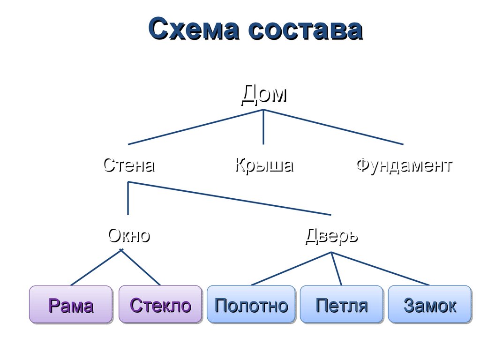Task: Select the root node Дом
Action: point(264,94)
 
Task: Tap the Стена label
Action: point(129,165)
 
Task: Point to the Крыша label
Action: point(264,165)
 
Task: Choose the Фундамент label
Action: point(404,165)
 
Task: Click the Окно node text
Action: point(129,235)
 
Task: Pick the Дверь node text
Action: point(331,235)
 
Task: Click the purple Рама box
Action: point(71,305)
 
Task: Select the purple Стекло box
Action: point(160,305)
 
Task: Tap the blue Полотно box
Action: point(251,305)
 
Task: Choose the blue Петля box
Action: point(341,305)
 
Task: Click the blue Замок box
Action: point(429,305)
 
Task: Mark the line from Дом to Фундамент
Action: point(333,127)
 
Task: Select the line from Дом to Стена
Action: point(196,127)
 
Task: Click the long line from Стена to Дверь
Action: point(230,198)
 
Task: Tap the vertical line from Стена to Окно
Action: point(128,198)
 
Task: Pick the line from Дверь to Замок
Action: point(380,269)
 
